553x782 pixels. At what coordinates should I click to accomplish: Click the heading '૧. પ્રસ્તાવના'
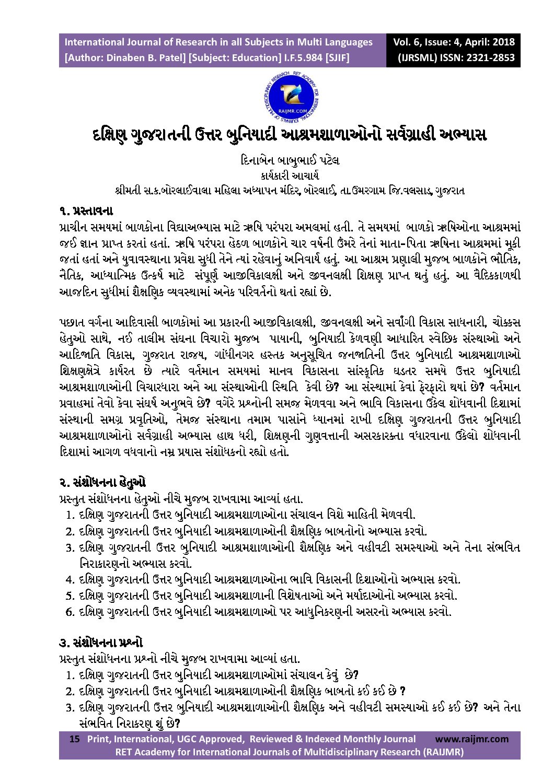(86, 212)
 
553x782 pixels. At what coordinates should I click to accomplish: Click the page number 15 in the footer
(75, 739)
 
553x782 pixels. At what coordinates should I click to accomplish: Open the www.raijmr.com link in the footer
(471, 739)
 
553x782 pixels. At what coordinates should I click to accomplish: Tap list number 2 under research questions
(70, 692)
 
